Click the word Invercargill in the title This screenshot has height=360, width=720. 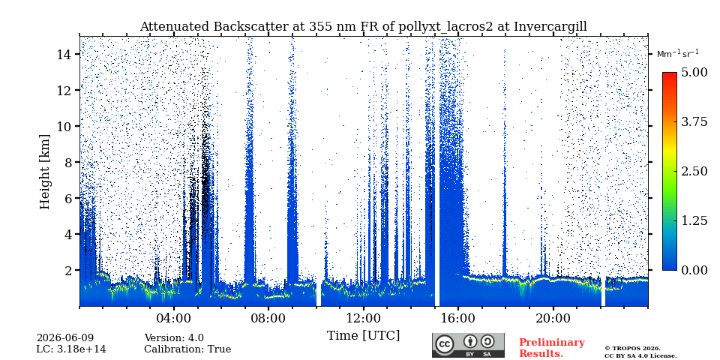(x=550, y=27)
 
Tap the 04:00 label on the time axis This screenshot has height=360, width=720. (x=174, y=318)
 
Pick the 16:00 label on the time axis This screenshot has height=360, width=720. (x=458, y=318)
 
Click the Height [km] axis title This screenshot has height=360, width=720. (x=44, y=172)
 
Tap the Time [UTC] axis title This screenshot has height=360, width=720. (x=363, y=336)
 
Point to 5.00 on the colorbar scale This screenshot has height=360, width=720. (x=693, y=72)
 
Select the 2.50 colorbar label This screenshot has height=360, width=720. (x=693, y=171)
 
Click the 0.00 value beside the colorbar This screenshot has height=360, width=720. (x=693, y=270)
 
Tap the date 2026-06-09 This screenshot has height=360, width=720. (x=65, y=338)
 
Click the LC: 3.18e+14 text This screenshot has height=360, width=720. (x=71, y=349)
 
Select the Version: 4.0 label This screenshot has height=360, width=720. (x=174, y=338)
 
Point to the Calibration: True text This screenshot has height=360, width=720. (x=187, y=349)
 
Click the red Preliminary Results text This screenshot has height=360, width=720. (x=552, y=348)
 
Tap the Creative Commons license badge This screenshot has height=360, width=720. (x=468, y=345)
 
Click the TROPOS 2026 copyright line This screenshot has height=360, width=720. (x=633, y=349)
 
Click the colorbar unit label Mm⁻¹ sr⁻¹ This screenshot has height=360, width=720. (x=677, y=54)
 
